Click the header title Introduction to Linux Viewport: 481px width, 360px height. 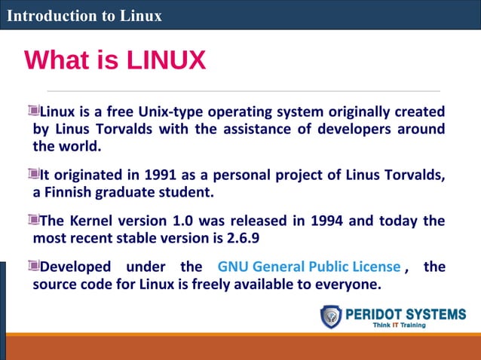click(x=84, y=15)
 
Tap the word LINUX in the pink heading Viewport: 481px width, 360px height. click(x=167, y=60)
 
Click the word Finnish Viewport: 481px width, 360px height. click(x=72, y=193)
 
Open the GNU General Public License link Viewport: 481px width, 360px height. click(x=308, y=267)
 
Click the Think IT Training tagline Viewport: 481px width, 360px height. click(x=399, y=325)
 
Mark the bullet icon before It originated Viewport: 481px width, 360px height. click(x=33, y=175)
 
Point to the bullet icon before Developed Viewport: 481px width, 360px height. click(x=33, y=265)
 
